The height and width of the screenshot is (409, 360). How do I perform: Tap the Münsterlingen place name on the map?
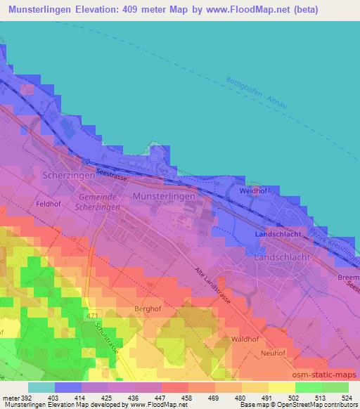(x=164, y=197)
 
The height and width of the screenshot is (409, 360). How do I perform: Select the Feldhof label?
(x=50, y=204)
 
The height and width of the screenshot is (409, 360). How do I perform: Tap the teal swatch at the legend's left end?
(x=41, y=387)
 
